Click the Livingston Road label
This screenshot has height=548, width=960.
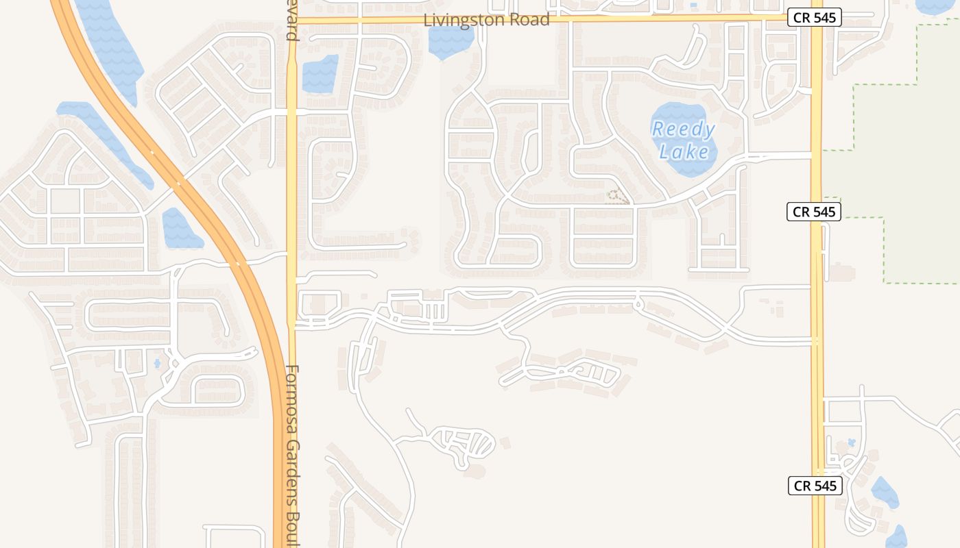click(486, 20)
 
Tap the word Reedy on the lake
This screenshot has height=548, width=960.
click(683, 129)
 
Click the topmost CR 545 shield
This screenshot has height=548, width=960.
click(814, 17)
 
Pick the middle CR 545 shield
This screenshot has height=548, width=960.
click(814, 212)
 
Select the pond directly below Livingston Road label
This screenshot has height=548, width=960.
click(450, 41)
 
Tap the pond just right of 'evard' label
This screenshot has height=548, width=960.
click(320, 73)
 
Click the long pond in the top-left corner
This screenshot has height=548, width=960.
click(110, 41)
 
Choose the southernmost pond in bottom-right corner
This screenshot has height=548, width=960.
click(897, 536)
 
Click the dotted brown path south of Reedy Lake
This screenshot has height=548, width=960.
click(618, 197)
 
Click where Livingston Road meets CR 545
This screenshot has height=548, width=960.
click(816, 18)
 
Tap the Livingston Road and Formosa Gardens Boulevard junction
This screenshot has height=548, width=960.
click(292, 21)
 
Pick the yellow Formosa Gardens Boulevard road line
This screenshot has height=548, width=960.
click(292, 171)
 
